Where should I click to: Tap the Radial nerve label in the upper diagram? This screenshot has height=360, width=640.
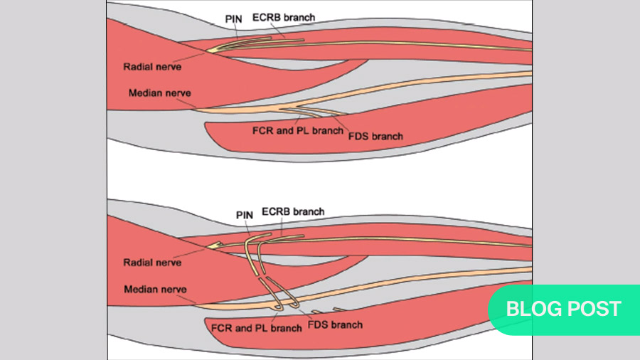click(152, 66)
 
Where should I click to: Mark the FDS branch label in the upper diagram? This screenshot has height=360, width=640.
click(375, 136)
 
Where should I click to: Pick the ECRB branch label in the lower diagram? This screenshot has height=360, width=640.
click(293, 211)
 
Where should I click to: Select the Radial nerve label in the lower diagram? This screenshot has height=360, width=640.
click(152, 263)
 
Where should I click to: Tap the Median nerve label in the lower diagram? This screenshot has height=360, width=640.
click(155, 290)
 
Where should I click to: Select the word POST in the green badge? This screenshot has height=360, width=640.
click(593, 309)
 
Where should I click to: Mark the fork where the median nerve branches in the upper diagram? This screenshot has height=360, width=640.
click(284, 108)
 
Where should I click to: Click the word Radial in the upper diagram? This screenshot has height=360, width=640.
click(138, 66)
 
